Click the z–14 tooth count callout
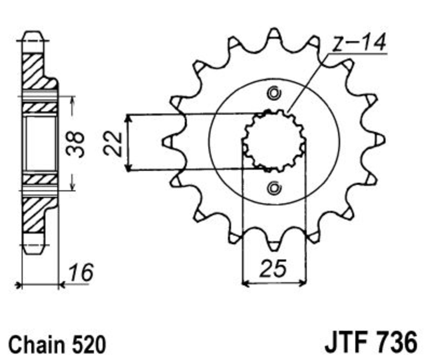click(x=359, y=43)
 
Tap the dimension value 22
click(x=113, y=144)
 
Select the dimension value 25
click(x=273, y=268)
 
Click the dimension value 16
click(x=80, y=273)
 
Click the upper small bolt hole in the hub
click(x=274, y=94)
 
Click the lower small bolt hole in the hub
click(x=274, y=188)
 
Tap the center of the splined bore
click(x=274, y=141)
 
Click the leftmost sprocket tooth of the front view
click(x=168, y=141)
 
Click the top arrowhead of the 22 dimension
click(x=129, y=118)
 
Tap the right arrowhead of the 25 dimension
click(x=302, y=283)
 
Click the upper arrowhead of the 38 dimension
click(x=73, y=100)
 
